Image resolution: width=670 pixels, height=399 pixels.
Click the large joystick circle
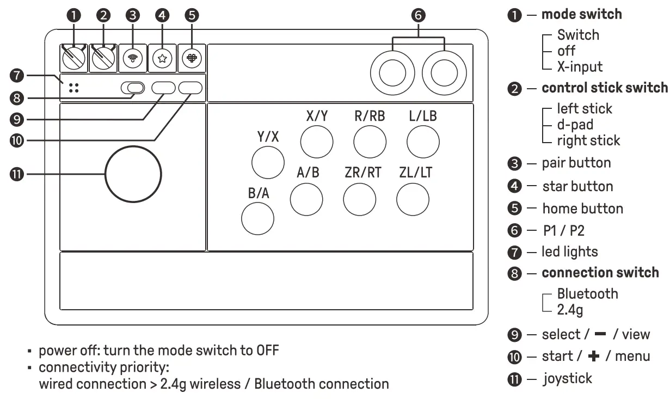point(133,174)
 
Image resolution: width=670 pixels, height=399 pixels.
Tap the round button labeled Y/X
point(267,163)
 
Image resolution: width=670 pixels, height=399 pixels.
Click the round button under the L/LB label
point(423,142)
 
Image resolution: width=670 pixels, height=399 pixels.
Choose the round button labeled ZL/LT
point(413,199)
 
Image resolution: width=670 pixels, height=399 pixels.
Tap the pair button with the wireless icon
point(133,58)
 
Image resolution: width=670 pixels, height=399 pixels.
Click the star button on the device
point(161,58)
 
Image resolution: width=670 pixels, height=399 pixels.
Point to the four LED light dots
point(74,88)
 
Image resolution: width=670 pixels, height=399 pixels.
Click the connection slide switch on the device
point(133,88)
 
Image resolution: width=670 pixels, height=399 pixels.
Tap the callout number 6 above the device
point(418,15)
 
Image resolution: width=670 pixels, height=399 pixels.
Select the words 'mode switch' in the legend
point(581,14)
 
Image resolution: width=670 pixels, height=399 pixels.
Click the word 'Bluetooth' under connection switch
point(587,294)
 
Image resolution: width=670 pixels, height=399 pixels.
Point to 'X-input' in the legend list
point(580,67)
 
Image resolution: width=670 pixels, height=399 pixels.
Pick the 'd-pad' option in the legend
point(575,125)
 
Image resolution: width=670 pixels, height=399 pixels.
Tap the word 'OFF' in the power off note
point(267,350)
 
